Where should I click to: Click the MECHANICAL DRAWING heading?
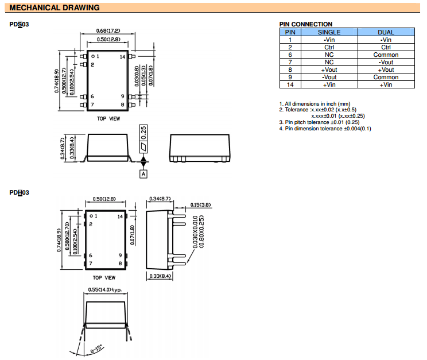coord(55,8)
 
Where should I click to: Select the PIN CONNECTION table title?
coord(306,24)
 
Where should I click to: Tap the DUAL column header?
coord(386,32)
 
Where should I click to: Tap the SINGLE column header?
coord(329,32)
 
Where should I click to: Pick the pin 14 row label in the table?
coord(290,84)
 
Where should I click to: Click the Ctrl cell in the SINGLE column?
coord(329,47)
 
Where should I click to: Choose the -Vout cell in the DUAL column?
coord(386,62)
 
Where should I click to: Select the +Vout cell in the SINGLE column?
coord(329,69)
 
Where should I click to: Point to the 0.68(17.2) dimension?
coord(108,30)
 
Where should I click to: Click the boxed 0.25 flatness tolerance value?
coord(144,131)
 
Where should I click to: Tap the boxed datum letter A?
coord(143,173)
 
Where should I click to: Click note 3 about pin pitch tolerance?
coord(319,122)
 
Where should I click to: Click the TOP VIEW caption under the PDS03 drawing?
coord(108,118)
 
